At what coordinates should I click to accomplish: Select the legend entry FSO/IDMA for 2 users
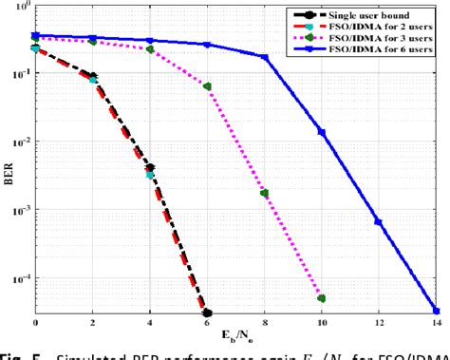click(379, 26)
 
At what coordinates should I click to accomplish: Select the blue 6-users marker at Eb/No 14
click(435, 311)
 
